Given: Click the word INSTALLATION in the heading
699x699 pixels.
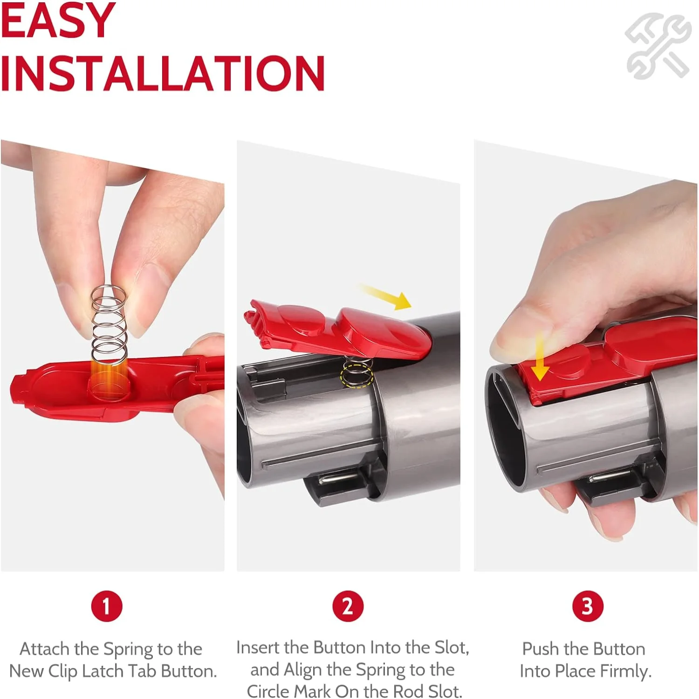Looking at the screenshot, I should (162, 73).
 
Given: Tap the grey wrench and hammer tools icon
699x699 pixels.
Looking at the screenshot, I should (658, 45).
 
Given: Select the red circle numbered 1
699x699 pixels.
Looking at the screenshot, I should (107, 606).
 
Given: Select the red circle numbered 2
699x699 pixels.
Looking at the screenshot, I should (348, 606).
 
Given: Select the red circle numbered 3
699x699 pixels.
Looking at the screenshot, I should (588, 606).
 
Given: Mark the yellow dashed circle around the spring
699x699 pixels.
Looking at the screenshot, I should (356, 376).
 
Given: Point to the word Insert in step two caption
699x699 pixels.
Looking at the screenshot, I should (258, 648).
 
